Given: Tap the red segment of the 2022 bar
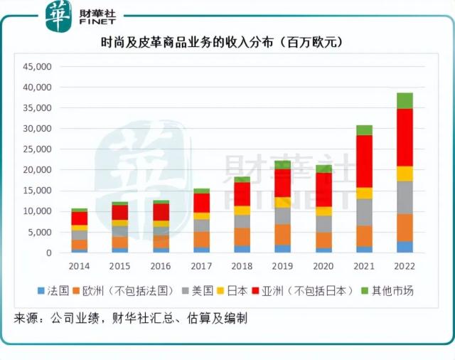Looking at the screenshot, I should (x=405, y=137).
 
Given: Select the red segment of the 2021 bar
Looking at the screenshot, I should (x=364, y=161).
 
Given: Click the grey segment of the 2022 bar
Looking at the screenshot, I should (x=405, y=197).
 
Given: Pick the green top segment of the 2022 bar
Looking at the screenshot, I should (x=405, y=100).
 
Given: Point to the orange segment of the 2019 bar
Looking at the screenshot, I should (x=283, y=234).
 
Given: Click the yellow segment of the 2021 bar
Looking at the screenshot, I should (x=364, y=193).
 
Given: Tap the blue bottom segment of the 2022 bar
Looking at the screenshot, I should (x=405, y=247).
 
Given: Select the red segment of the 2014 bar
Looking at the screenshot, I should (x=80, y=218).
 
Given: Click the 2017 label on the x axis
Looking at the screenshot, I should (x=201, y=265).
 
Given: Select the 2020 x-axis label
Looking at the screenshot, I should (x=323, y=265).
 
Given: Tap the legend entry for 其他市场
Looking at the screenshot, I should (x=387, y=291).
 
